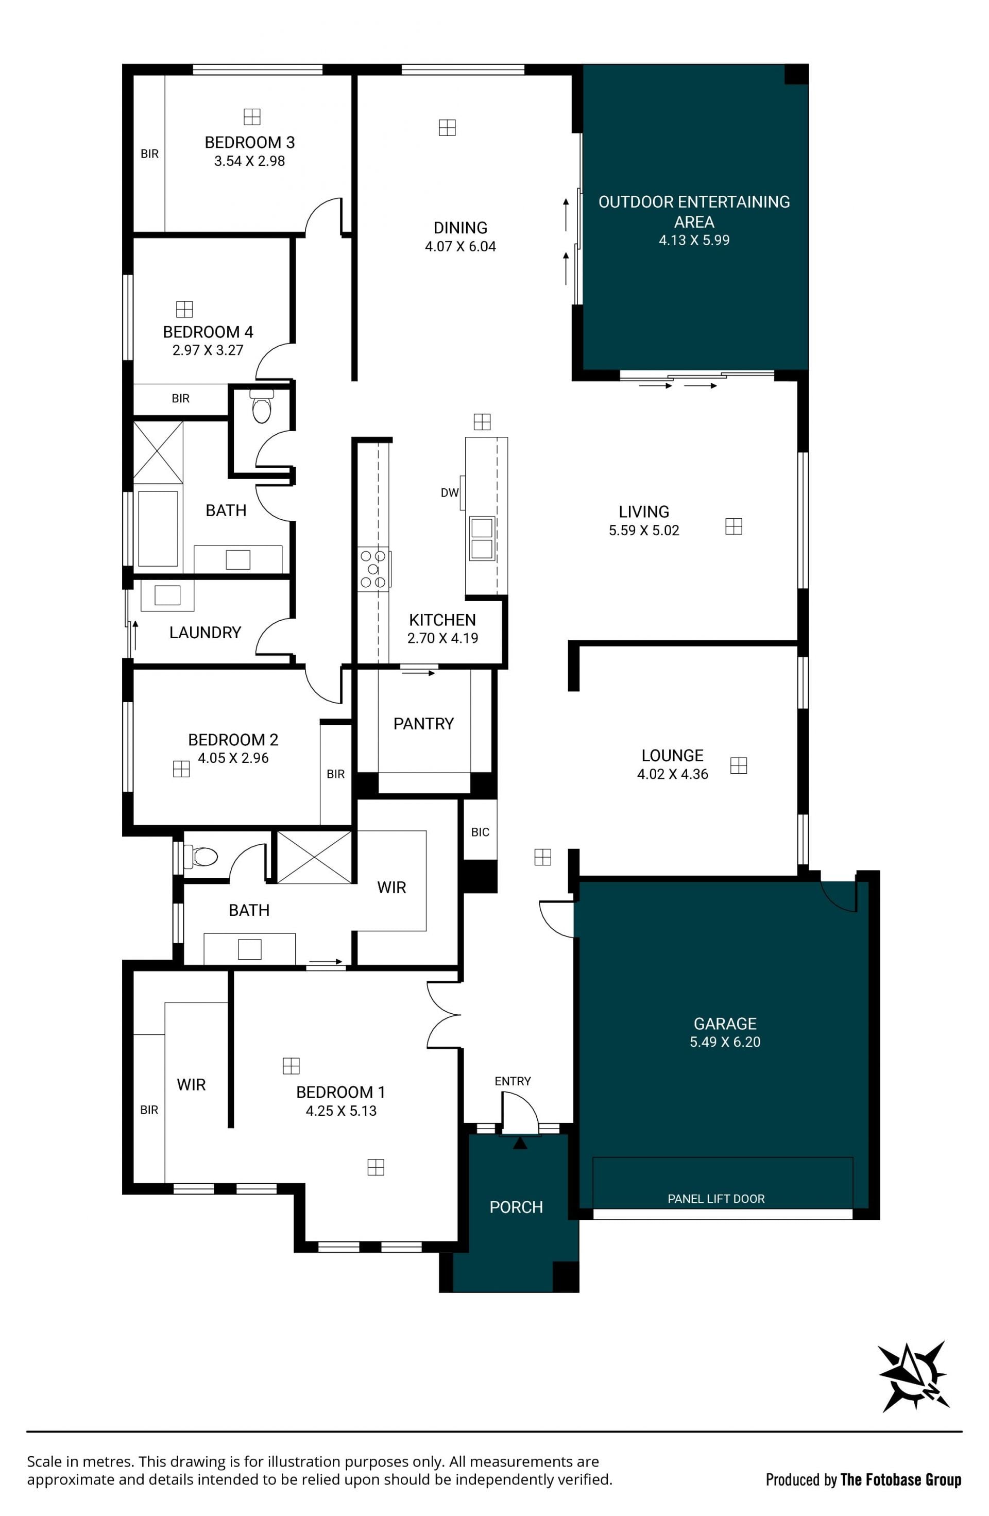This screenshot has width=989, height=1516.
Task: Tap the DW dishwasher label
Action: pos(450,492)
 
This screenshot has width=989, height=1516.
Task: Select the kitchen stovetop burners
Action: pos(373,568)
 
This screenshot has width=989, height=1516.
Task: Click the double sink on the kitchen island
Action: pos(482,538)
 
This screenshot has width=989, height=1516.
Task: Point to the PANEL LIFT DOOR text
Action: pos(716,1199)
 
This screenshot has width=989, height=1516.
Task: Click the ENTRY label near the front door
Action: pos(513,1081)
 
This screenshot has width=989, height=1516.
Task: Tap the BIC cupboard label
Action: pos(480,832)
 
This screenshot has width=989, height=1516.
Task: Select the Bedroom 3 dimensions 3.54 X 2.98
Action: pos(250,161)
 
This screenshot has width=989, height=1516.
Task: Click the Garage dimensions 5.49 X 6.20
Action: pos(725,1042)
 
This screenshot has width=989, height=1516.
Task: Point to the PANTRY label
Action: pos(423,724)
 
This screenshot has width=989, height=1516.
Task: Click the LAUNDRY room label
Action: pos(205,633)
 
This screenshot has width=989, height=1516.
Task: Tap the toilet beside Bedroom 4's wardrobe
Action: pos(262,406)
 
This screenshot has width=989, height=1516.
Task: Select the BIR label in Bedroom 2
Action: pos(336,774)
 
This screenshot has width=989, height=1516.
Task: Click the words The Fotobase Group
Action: pos(900,1480)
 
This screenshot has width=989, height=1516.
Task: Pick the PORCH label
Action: pos(516,1207)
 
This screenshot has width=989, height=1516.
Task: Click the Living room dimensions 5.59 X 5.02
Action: pos(644,531)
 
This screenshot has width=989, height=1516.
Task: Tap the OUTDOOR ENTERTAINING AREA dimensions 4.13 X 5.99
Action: pos(694,240)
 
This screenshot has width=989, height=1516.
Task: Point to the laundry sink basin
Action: pos(167,595)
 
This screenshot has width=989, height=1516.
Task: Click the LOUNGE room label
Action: pos(673,756)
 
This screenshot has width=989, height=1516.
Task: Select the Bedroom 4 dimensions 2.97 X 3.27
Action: pos(208,350)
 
